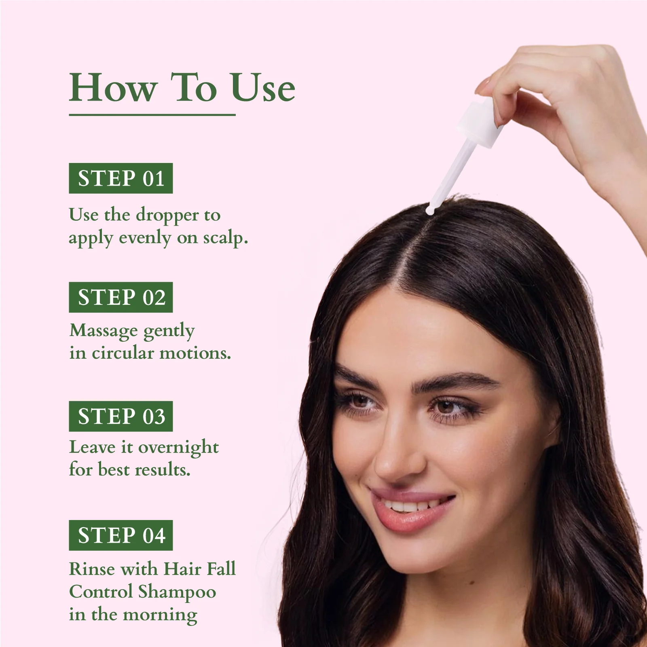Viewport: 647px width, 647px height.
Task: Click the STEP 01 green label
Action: [x=121, y=178]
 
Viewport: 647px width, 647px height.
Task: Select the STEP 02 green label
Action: [x=121, y=297]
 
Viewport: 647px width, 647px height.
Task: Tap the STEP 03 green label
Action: [x=121, y=416]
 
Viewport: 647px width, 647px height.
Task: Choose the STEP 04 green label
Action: [x=121, y=535]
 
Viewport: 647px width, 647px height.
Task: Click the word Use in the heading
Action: [x=263, y=88]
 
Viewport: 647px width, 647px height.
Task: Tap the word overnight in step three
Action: [x=178, y=448]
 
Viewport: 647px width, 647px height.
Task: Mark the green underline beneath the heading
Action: [x=152, y=115]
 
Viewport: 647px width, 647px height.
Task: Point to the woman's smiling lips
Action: [x=410, y=507]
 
